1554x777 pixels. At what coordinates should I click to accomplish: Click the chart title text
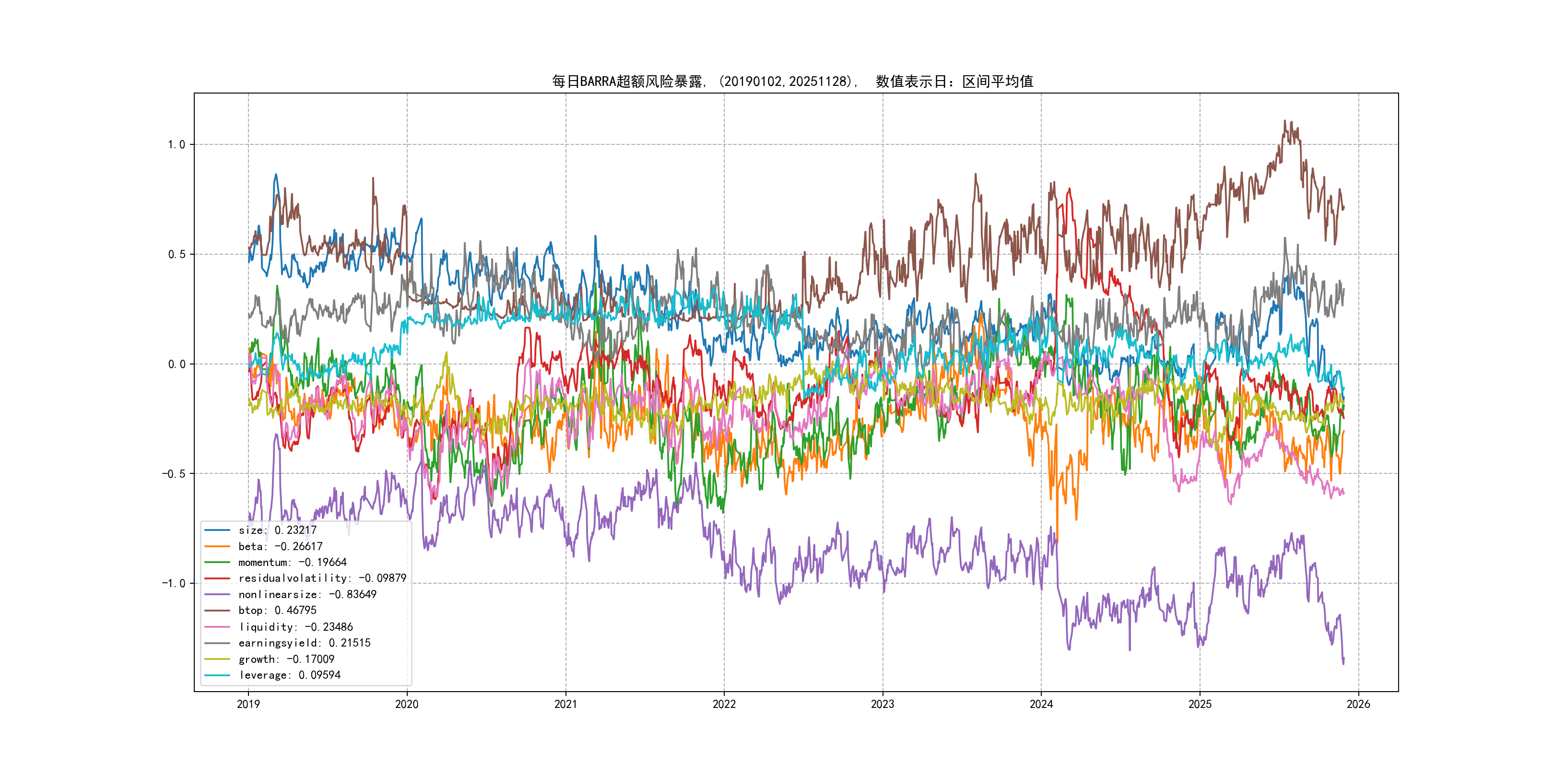(792, 82)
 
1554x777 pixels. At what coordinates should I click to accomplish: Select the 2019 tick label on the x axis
(248, 704)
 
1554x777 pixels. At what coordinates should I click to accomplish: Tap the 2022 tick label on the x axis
(724, 704)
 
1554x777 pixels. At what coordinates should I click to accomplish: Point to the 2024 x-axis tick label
(1041, 704)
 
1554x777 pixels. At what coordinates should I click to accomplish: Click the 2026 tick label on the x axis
(1358, 704)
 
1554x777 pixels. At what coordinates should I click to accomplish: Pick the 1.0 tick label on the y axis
(176, 145)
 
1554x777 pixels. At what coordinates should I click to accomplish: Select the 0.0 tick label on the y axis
(176, 365)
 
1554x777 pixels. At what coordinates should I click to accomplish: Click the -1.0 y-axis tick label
(173, 583)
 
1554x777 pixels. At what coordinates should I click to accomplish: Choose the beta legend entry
(280, 547)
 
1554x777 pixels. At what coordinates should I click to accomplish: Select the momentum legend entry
(292, 562)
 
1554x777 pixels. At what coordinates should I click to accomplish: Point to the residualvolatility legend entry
(322, 578)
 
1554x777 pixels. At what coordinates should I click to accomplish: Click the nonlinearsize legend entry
(307, 594)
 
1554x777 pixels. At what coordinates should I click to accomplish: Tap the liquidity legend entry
(295, 627)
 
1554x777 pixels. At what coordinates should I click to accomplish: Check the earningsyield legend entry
(304, 643)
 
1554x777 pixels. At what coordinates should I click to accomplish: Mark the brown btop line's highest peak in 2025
(1284, 121)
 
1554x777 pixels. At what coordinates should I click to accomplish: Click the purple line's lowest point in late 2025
(1343, 664)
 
